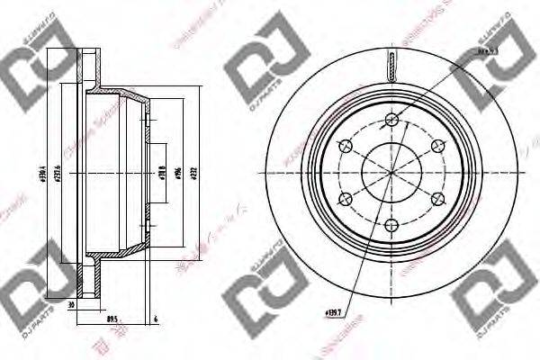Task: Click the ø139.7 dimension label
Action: pos(333,313)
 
